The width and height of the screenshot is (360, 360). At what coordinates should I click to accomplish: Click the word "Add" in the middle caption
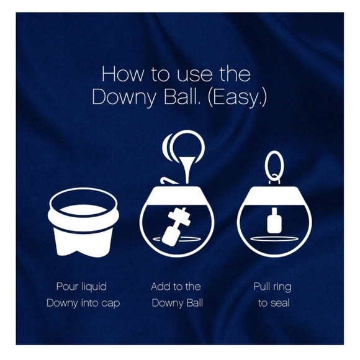pyautogui.click(x=161, y=287)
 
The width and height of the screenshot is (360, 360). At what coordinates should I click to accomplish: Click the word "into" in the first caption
pyautogui.click(x=85, y=303)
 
